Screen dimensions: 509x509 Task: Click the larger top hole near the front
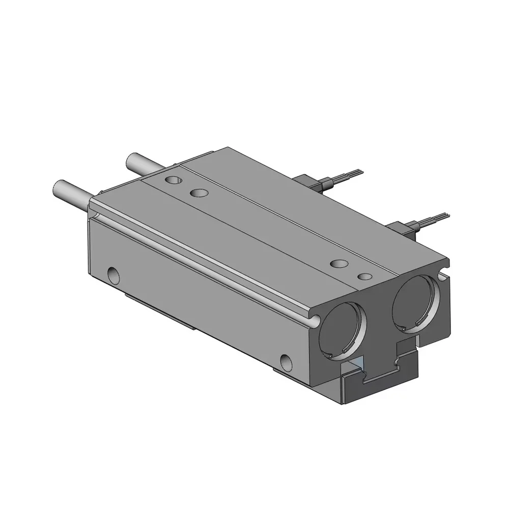tap(339, 264)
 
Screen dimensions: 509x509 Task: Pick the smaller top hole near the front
tap(364, 276)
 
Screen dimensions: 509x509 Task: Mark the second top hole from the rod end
tap(198, 193)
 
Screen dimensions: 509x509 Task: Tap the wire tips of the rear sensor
tap(354, 172)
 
